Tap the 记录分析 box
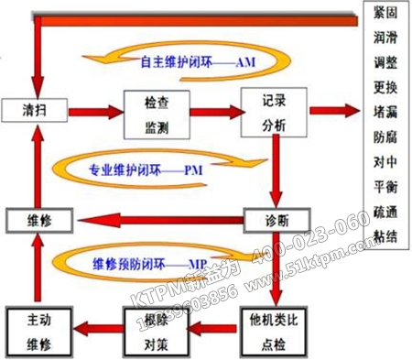(274, 109)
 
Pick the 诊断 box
(273, 220)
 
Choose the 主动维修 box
(37, 325)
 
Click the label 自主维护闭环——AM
(198, 63)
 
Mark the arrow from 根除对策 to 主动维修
(95, 325)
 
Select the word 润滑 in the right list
(385, 41)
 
